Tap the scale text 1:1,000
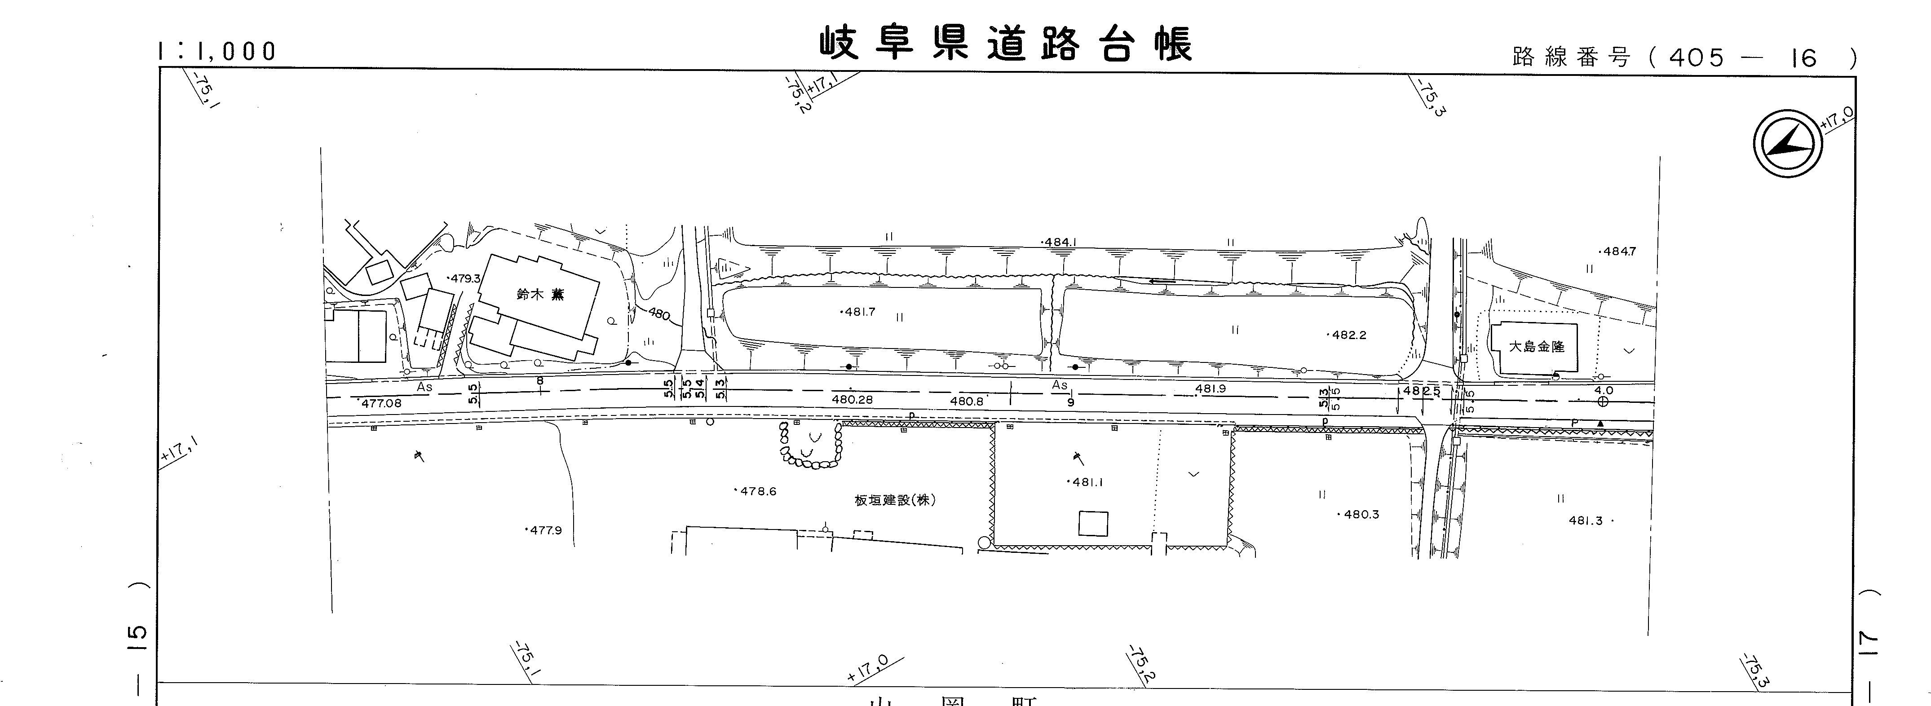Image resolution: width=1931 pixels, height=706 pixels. pyautogui.click(x=217, y=51)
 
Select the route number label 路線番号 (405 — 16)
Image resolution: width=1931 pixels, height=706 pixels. pyautogui.click(x=1684, y=57)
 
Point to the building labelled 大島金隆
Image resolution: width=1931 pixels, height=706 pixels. pyautogui.click(x=1536, y=348)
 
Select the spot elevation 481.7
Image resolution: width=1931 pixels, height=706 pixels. pyautogui.click(x=858, y=312)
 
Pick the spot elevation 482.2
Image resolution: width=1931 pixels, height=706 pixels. pyautogui.click(x=1347, y=335)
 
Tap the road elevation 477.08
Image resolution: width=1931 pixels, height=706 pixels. pyautogui.click(x=380, y=403)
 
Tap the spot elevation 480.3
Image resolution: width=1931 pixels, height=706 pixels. pyautogui.click(x=1359, y=515)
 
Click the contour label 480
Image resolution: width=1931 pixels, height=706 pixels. pyautogui.click(x=658, y=313)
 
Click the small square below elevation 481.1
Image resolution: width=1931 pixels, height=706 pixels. pyautogui.click(x=1093, y=523)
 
